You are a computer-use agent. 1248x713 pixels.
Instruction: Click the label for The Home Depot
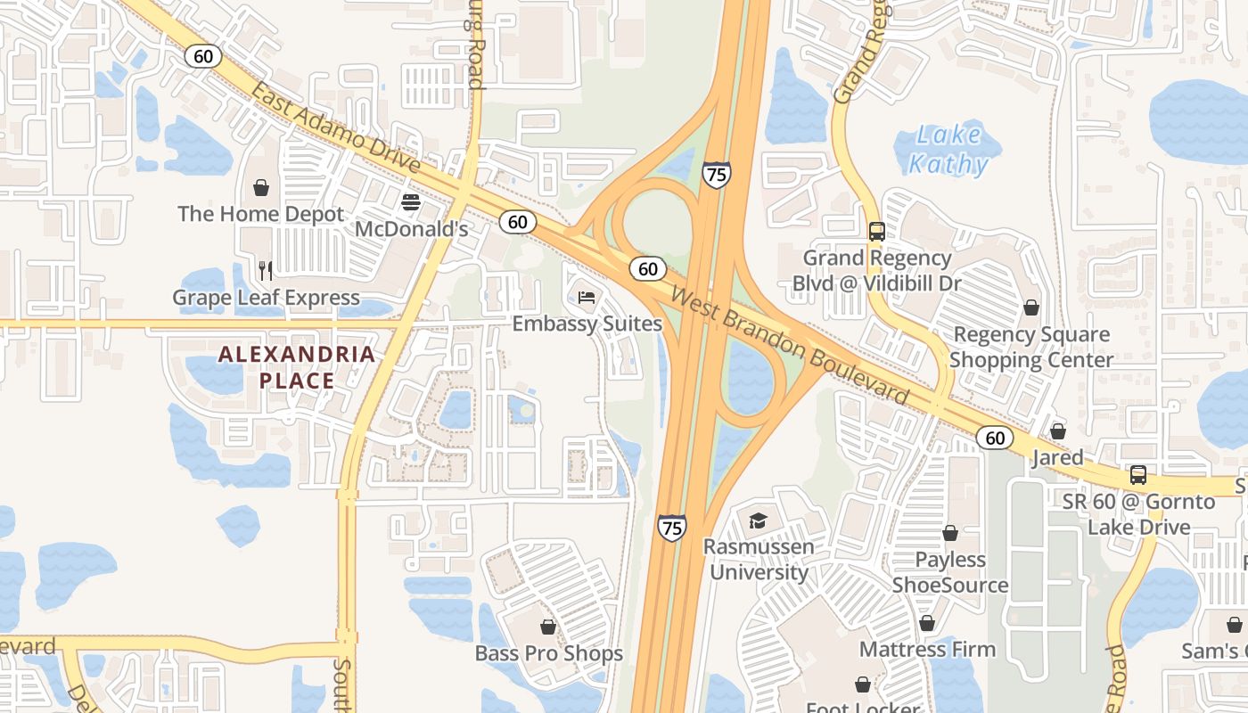pyautogui.click(x=260, y=214)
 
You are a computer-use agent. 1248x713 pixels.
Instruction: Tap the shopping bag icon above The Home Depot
pyautogui.click(x=261, y=187)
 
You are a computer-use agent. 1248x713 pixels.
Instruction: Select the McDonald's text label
pyautogui.click(x=411, y=229)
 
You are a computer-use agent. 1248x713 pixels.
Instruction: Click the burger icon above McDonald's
pyautogui.click(x=411, y=202)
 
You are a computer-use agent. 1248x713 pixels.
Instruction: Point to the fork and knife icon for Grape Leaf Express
pyautogui.click(x=265, y=269)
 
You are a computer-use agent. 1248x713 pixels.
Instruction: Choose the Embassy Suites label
pyautogui.click(x=587, y=324)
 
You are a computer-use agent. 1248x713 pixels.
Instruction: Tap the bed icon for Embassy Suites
pyautogui.click(x=587, y=297)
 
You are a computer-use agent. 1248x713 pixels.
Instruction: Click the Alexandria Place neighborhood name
pyautogui.click(x=297, y=367)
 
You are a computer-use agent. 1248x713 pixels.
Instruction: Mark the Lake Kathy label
pyautogui.click(x=948, y=150)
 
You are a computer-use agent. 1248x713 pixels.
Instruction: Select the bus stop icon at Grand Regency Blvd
pyautogui.click(x=876, y=232)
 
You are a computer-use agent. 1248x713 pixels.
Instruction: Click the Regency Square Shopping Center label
pyautogui.click(x=1031, y=347)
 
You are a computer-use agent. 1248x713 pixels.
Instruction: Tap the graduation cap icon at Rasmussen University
pyautogui.click(x=758, y=520)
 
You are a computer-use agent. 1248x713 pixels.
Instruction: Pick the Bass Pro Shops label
pyautogui.click(x=548, y=653)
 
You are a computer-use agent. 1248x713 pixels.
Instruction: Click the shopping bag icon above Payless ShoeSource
pyautogui.click(x=950, y=533)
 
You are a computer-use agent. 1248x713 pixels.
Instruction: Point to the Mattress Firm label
pyautogui.click(x=927, y=649)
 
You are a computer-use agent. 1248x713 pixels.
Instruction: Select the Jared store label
pyautogui.click(x=1057, y=458)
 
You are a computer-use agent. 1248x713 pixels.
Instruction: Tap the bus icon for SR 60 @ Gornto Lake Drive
pyautogui.click(x=1138, y=474)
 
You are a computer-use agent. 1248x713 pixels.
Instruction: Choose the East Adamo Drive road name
pyautogui.click(x=335, y=128)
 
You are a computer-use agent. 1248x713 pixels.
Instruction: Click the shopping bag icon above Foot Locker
pyautogui.click(x=863, y=684)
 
